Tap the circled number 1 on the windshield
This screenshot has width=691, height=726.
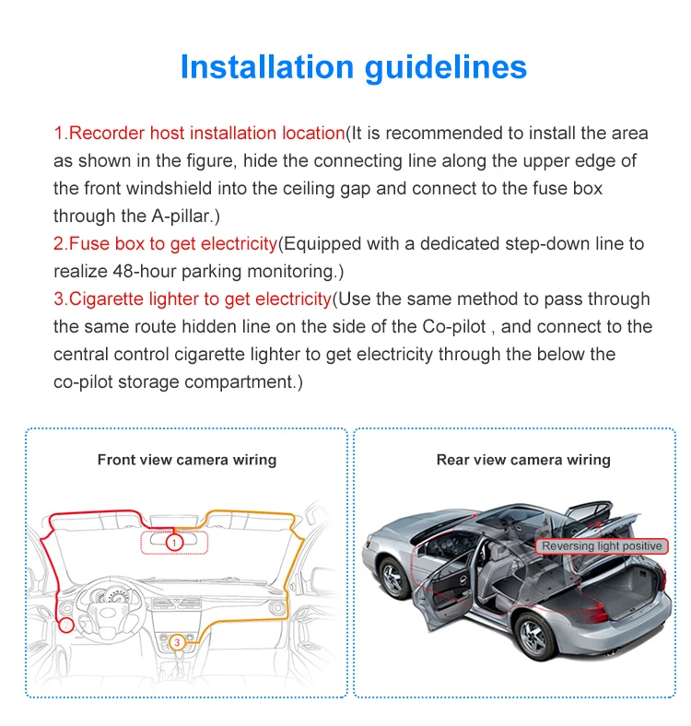tap(175, 543)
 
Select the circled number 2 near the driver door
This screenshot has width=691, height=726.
tap(65, 625)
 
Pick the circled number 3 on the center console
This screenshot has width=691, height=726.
tap(176, 641)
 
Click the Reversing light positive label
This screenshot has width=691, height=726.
tap(601, 546)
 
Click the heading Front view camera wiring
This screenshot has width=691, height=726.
tap(186, 460)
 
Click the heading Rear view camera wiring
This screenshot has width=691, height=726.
tap(522, 460)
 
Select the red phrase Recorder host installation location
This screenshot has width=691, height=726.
tap(199, 134)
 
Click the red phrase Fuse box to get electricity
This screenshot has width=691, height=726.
tap(166, 244)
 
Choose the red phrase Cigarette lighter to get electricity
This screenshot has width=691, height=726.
tap(193, 299)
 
